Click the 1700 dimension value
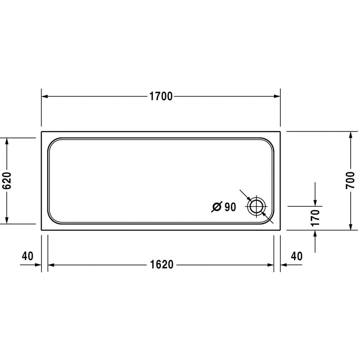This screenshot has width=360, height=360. click(x=161, y=97)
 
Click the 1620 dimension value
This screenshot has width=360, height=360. click(x=161, y=265)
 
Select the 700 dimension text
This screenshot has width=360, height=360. click(x=350, y=181)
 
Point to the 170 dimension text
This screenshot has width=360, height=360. click(x=315, y=217)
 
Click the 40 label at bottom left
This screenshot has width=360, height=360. click(x=27, y=256)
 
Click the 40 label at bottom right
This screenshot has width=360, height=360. click(x=296, y=256)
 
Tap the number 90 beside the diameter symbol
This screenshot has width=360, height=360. click(x=230, y=207)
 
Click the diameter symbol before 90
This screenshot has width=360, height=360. click(x=216, y=207)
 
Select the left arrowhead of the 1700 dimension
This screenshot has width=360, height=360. click(x=44, y=97)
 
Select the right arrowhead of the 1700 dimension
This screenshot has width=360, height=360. click(x=277, y=97)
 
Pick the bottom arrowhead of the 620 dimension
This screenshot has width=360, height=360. click(x=7, y=220)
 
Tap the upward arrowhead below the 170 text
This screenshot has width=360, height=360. click(x=315, y=233)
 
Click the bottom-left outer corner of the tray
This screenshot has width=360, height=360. click(x=42, y=230)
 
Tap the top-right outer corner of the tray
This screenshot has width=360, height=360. click(x=280, y=132)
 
